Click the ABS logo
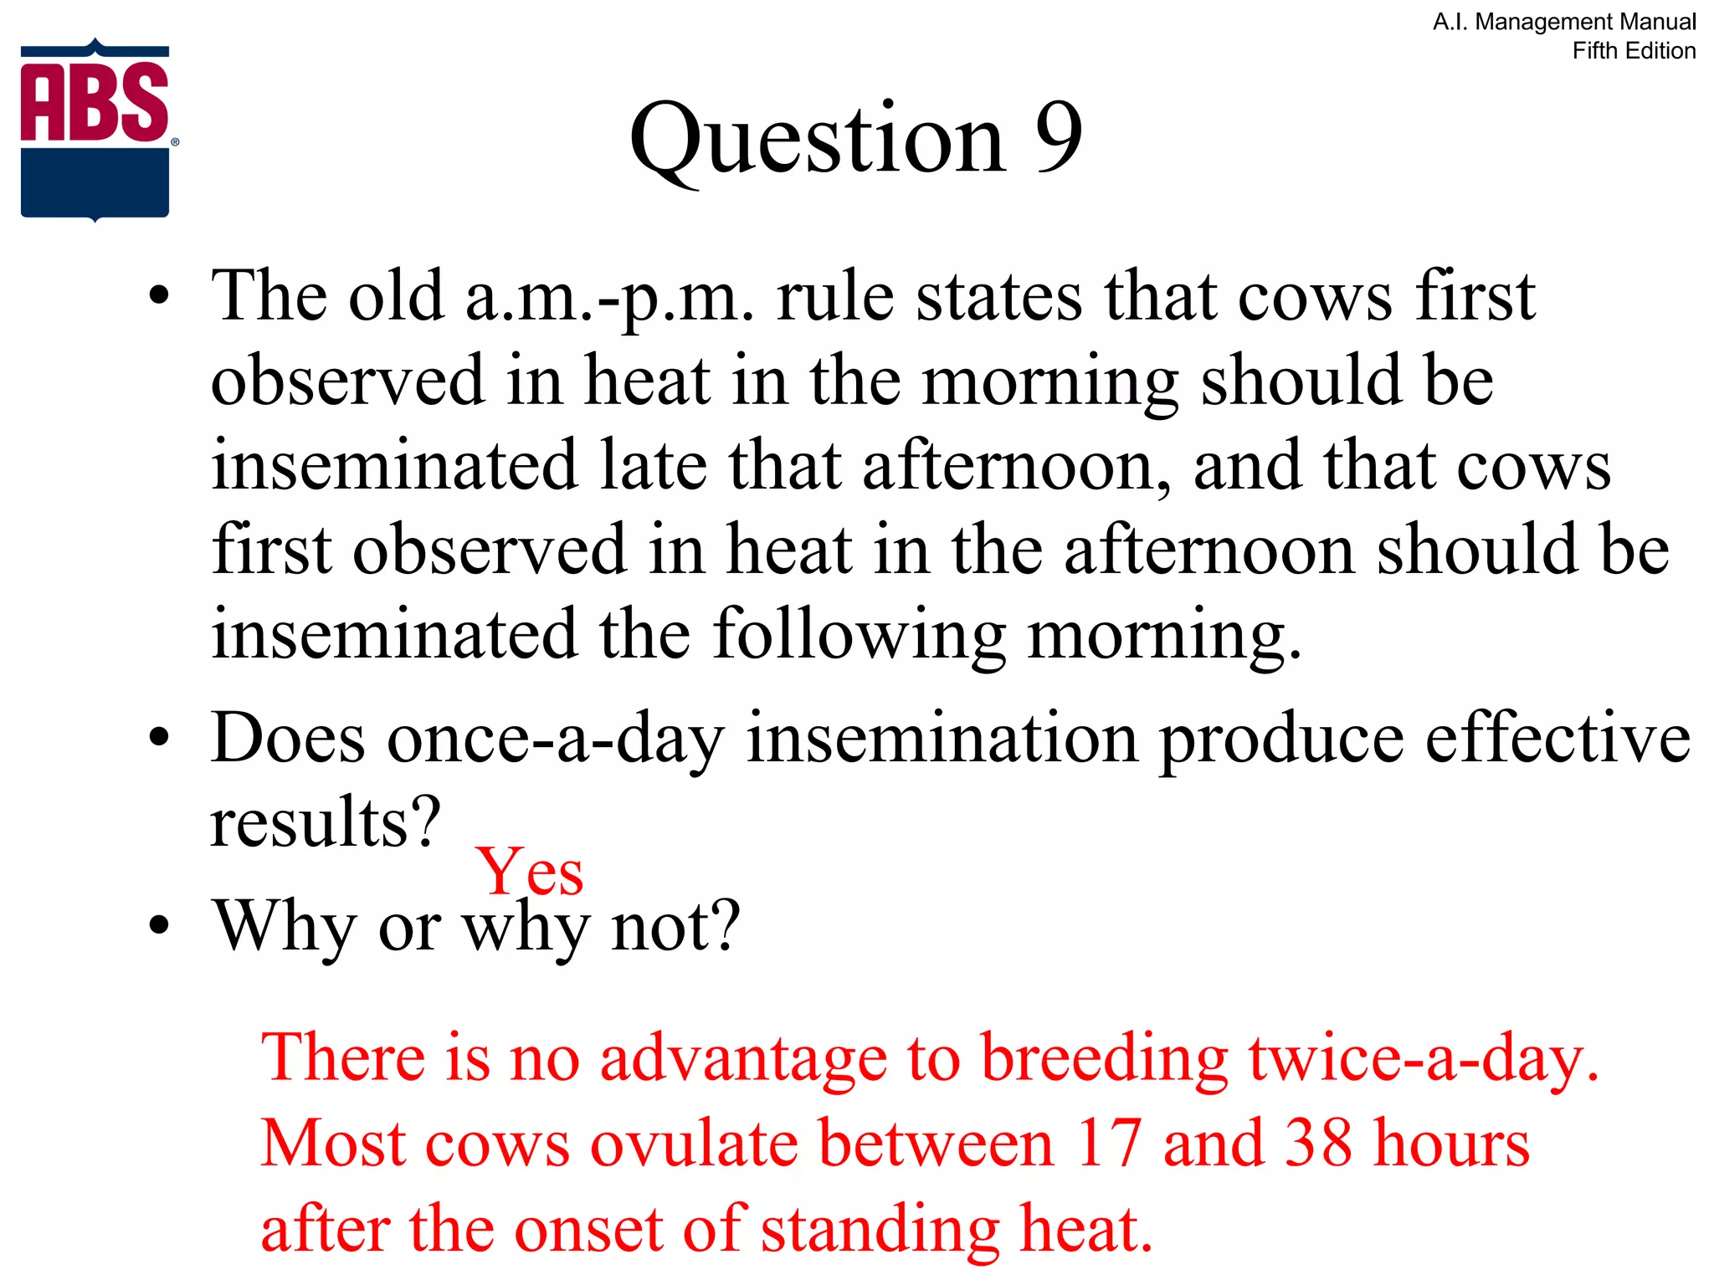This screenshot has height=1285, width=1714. pos(95,130)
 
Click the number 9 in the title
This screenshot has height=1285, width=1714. pos(1058,138)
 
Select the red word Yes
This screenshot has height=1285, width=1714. pos(529,873)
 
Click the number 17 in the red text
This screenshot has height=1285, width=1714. pos(1109,1143)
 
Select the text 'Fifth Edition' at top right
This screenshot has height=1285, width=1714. pos(1634,51)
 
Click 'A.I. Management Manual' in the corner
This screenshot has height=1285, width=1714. pos(1564,22)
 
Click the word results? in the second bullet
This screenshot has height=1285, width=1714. pos(325,823)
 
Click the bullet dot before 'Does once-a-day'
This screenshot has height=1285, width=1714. pos(158,738)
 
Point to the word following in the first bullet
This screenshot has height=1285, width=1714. pos(860,636)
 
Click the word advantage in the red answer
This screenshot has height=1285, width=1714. pos(743,1059)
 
